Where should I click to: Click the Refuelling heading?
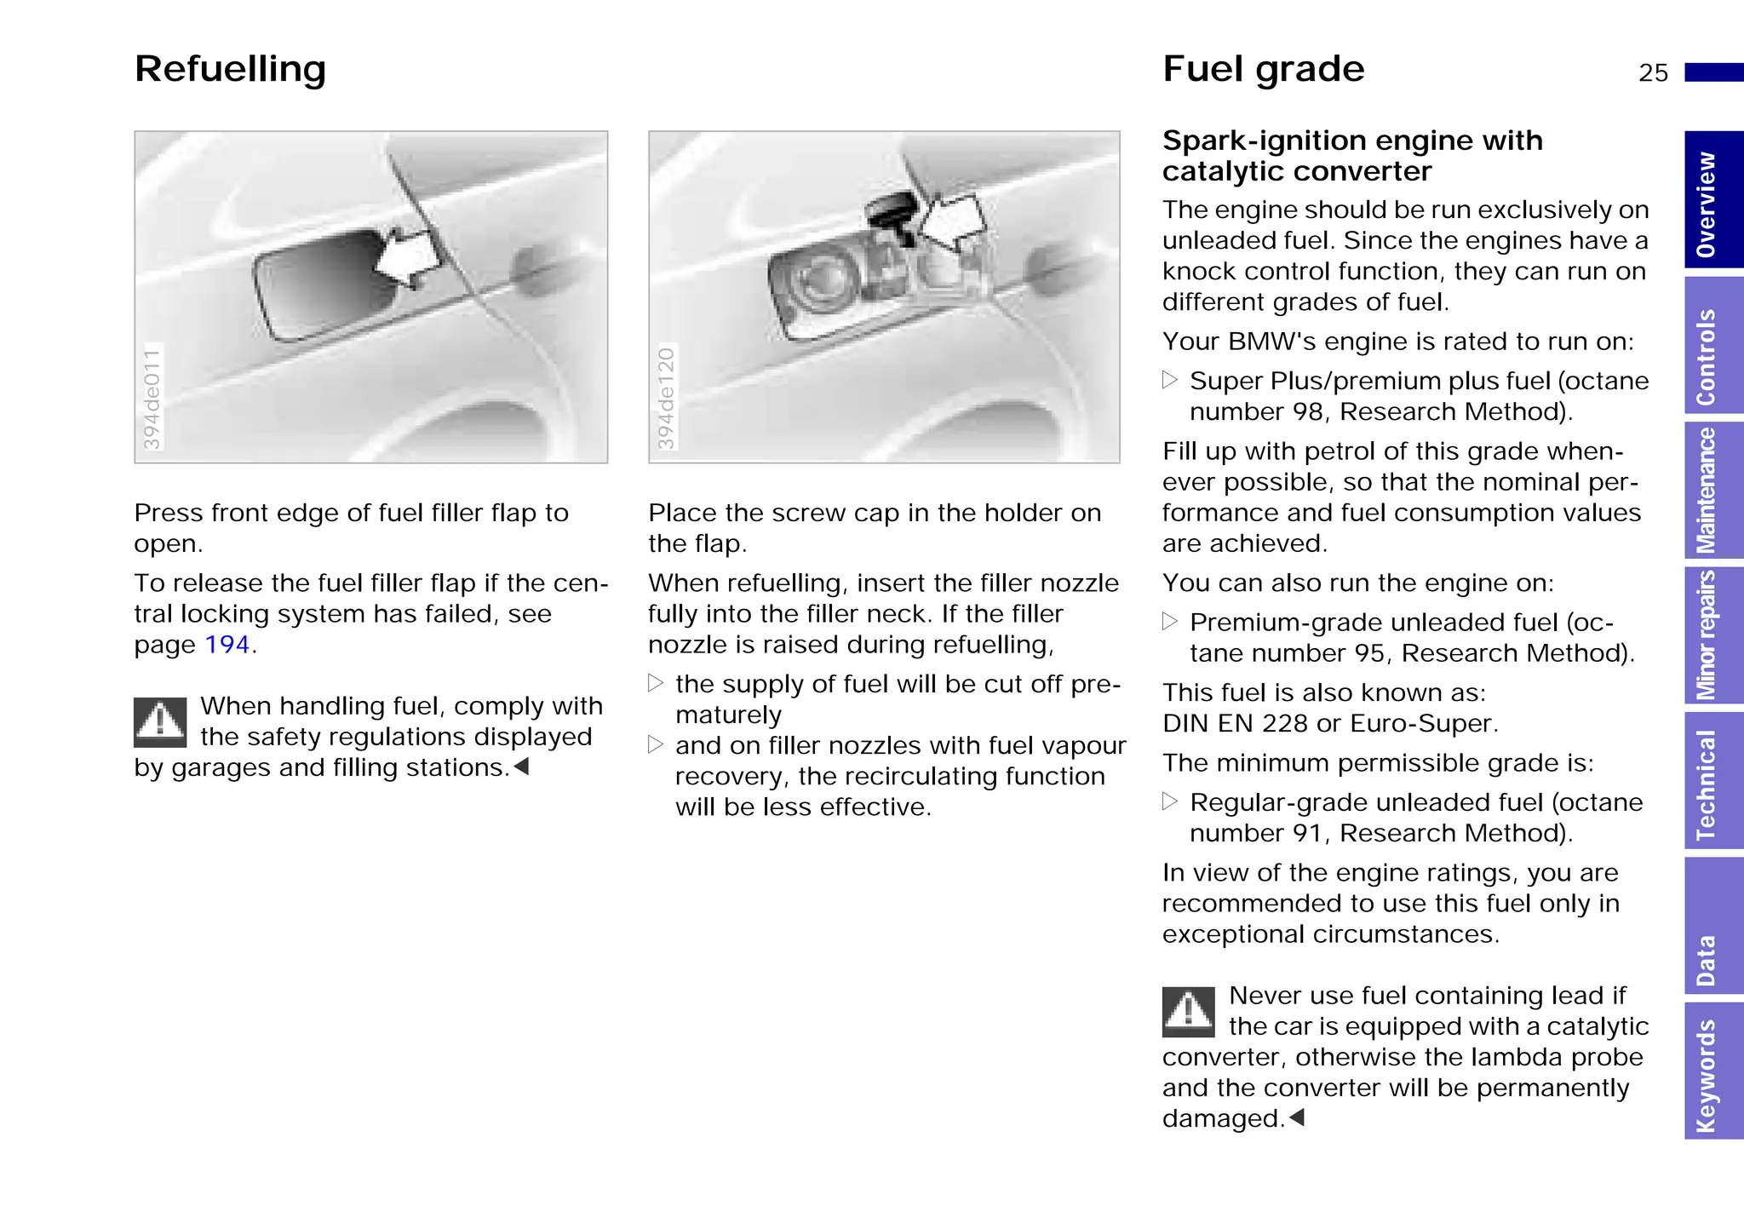click(230, 69)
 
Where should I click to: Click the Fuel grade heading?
click(1263, 69)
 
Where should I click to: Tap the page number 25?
click(1653, 73)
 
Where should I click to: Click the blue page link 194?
click(227, 645)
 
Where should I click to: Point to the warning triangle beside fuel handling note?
click(160, 722)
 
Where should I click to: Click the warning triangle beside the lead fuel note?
click(1188, 1012)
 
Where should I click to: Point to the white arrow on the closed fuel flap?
click(409, 260)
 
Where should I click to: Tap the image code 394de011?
click(152, 398)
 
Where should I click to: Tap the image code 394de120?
click(666, 398)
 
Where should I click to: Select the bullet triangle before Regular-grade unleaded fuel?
click(1170, 801)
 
